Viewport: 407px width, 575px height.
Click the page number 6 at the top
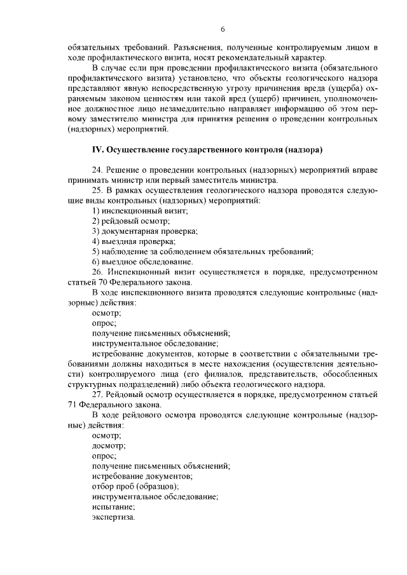tap(223, 29)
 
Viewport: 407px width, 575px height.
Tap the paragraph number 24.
tap(97, 170)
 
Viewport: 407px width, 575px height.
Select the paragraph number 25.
tap(97, 190)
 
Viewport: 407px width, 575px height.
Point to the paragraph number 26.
tap(97, 271)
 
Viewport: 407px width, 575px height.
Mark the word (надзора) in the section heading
tap(301, 150)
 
